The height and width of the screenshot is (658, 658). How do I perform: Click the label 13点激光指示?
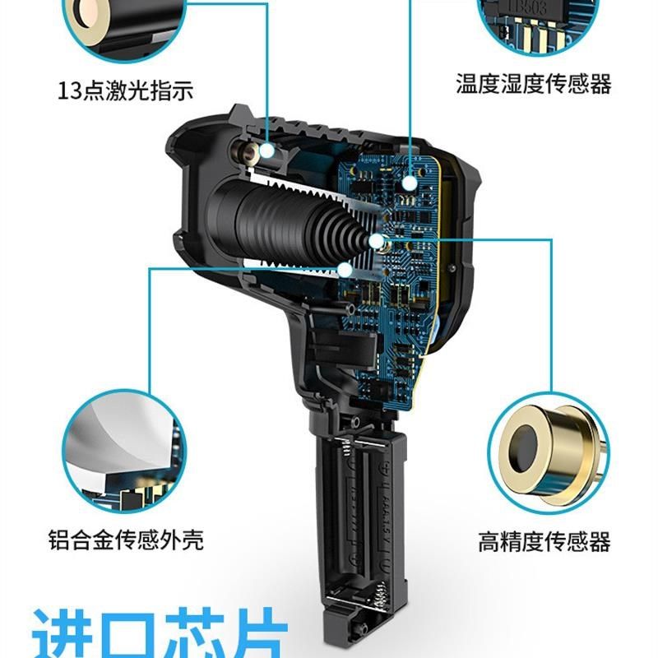[x=125, y=90]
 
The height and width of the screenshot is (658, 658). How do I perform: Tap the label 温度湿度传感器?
[x=534, y=83]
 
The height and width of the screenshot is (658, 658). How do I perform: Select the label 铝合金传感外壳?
[x=125, y=540]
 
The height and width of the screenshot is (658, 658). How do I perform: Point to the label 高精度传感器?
[x=544, y=542]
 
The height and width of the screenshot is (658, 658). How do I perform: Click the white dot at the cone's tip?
[x=378, y=241]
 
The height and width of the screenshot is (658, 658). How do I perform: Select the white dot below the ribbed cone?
[x=345, y=268]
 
